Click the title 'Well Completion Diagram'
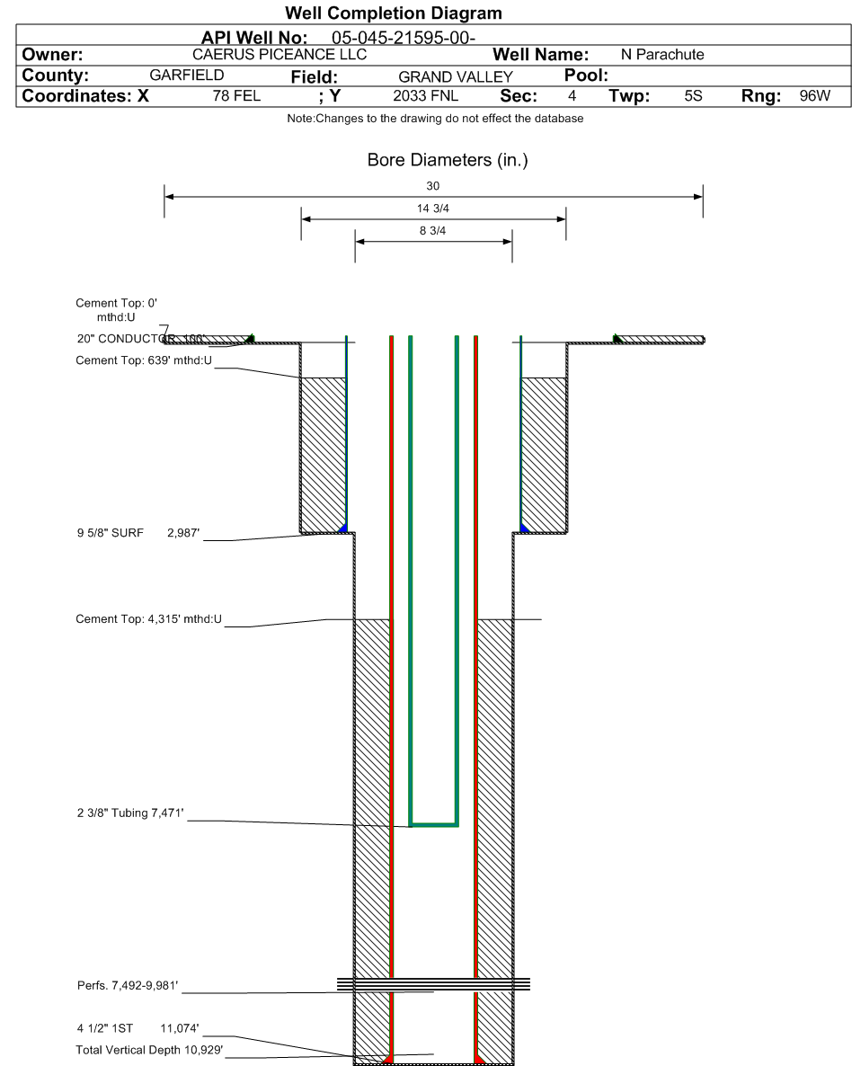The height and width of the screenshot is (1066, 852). tap(394, 13)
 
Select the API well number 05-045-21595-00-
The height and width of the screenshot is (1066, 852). tap(404, 38)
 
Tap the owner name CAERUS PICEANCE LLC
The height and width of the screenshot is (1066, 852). tap(280, 55)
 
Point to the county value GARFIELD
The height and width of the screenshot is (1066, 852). tap(187, 75)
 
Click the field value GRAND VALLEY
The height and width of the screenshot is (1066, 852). tap(456, 76)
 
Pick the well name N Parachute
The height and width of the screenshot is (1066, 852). tap(662, 55)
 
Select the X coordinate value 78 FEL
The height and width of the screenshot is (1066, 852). tap(236, 96)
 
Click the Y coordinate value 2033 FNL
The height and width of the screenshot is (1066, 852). tap(426, 96)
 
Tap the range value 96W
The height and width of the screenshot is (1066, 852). tap(814, 96)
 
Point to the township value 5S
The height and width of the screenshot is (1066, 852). tap(694, 96)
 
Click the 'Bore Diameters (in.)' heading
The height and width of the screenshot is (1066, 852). tap(448, 160)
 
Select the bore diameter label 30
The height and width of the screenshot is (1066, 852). tap(432, 185)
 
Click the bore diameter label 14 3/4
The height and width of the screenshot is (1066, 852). tap(433, 208)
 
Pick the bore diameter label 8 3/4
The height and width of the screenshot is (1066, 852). tap(432, 230)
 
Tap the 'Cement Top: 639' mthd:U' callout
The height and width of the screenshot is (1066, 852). tap(144, 360)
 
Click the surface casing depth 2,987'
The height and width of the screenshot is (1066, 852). tap(183, 533)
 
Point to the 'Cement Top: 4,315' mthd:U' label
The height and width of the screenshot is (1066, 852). tap(149, 619)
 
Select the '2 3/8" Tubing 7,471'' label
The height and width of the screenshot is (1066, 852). tap(130, 813)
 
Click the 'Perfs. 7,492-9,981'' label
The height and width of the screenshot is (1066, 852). tap(128, 986)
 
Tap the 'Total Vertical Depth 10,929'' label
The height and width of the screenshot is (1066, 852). tap(149, 1050)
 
